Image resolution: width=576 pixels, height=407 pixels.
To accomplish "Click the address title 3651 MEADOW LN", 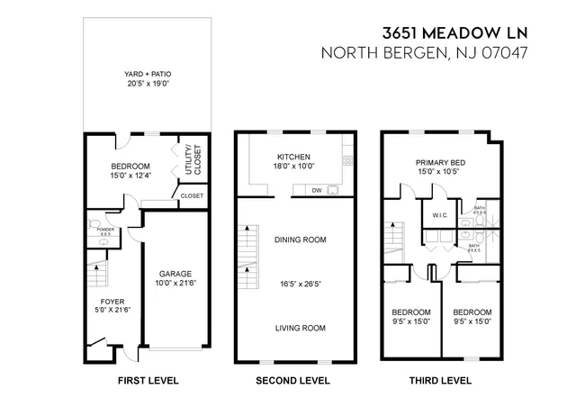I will tap(454, 33).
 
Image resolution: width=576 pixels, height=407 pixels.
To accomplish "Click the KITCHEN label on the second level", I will tap(293, 155).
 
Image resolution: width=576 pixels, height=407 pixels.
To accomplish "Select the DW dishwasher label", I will tap(317, 191).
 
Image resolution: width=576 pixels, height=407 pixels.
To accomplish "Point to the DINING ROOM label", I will tap(300, 240).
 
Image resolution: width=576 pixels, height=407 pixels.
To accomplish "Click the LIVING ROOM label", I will tap(300, 328).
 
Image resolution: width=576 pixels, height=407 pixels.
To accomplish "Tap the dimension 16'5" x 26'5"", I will tap(300, 285).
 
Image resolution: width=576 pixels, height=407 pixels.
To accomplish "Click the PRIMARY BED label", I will tap(437, 162).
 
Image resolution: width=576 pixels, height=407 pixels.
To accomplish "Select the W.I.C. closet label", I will tap(440, 214).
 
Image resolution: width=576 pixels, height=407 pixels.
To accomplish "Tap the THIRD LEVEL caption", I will tap(440, 381).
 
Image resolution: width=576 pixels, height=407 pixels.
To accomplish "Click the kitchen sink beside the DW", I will tap(333, 191).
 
